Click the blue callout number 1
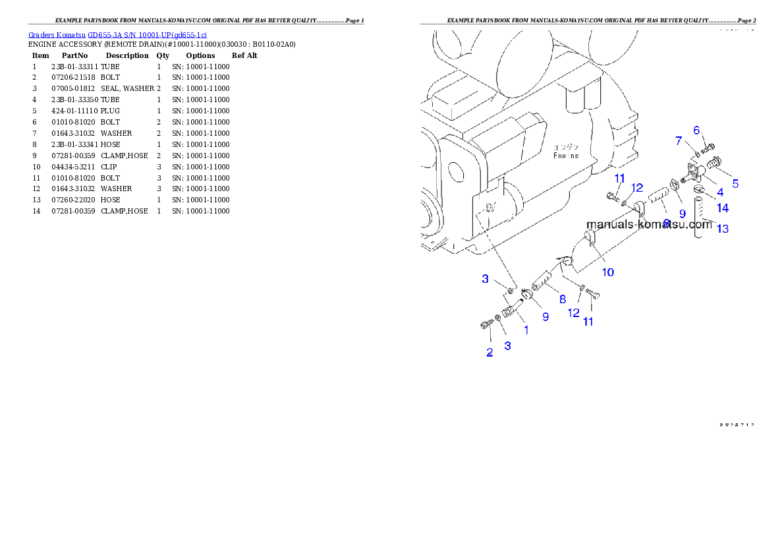pos(526,330)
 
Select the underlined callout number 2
pos(490,352)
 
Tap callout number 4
pos(720,192)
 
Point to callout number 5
pos(735,184)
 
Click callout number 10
pos(607,272)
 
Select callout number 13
pos(723,229)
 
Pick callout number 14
pos(723,208)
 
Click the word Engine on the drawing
pos(565,156)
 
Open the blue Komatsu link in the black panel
pos(117,35)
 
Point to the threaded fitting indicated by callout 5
pos(714,162)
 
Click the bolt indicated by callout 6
pos(710,147)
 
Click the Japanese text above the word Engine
pos(565,147)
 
